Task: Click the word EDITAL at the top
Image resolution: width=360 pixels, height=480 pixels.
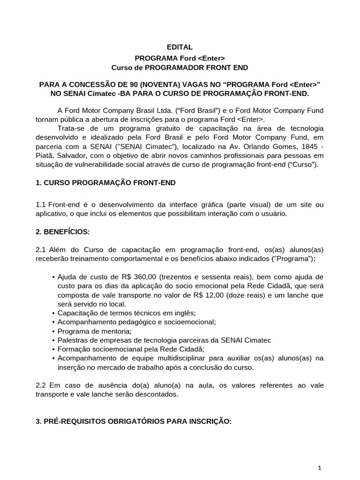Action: (180, 47)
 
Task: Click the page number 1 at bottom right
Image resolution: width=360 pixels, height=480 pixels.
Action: (319, 468)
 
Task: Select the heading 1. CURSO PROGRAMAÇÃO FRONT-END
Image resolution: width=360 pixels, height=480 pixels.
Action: (105, 183)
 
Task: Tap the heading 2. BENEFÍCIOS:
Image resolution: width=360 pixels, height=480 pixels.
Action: (63, 232)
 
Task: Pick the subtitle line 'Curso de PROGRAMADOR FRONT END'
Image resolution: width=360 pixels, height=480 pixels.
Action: (180, 67)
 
